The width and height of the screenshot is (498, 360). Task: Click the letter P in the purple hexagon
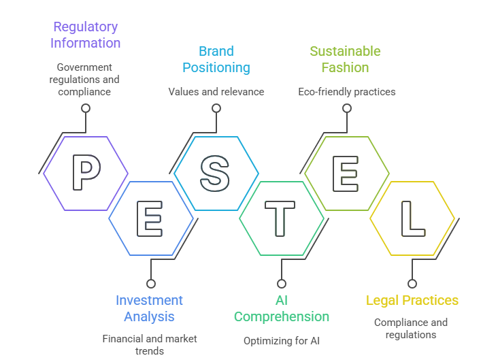pyautogui.click(x=86, y=173)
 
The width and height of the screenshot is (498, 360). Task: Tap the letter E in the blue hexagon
pyautogui.click(x=150, y=218)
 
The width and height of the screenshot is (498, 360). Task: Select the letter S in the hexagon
pyautogui.click(x=216, y=173)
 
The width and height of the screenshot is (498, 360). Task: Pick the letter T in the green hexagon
pyautogui.click(x=281, y=218)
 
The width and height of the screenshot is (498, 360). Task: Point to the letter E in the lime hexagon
pyautogui.click(x=346, y=173)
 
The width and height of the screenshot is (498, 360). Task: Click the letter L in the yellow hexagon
pyautogui.click(x=412, y=218)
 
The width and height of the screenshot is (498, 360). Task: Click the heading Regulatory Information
pyautogui.click(x=86, y=35)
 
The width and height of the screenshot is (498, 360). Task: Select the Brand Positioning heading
pyautogui.click(x=216, y=59)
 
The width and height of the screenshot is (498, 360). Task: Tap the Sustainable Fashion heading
pyautogui.click(x=345, y=59)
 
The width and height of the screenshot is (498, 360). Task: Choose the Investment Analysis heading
pyautogui.click(x=150, y=308)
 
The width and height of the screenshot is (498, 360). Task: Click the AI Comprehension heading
pyautogui.click(x=281, y=308)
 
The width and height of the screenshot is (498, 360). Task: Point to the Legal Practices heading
pyautogui.click(x=412, y=300)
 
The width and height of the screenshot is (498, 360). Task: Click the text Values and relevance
pyautogui.click(x=216, y=91)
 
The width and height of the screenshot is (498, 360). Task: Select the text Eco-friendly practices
pyautogui.click(x=346, y=91)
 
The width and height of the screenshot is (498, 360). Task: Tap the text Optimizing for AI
pyautogui.click(x=281, y=340)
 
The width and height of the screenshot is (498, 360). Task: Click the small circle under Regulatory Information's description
pyautogui.click(x=86, y=108)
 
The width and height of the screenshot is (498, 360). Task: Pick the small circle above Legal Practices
pyautogui.click(x=412, y=283)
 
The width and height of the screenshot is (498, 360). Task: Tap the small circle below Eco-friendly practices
pyautogui.click(x=346, y=108)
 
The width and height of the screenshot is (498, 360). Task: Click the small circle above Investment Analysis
pyautogui.click(x=150, y=283)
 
